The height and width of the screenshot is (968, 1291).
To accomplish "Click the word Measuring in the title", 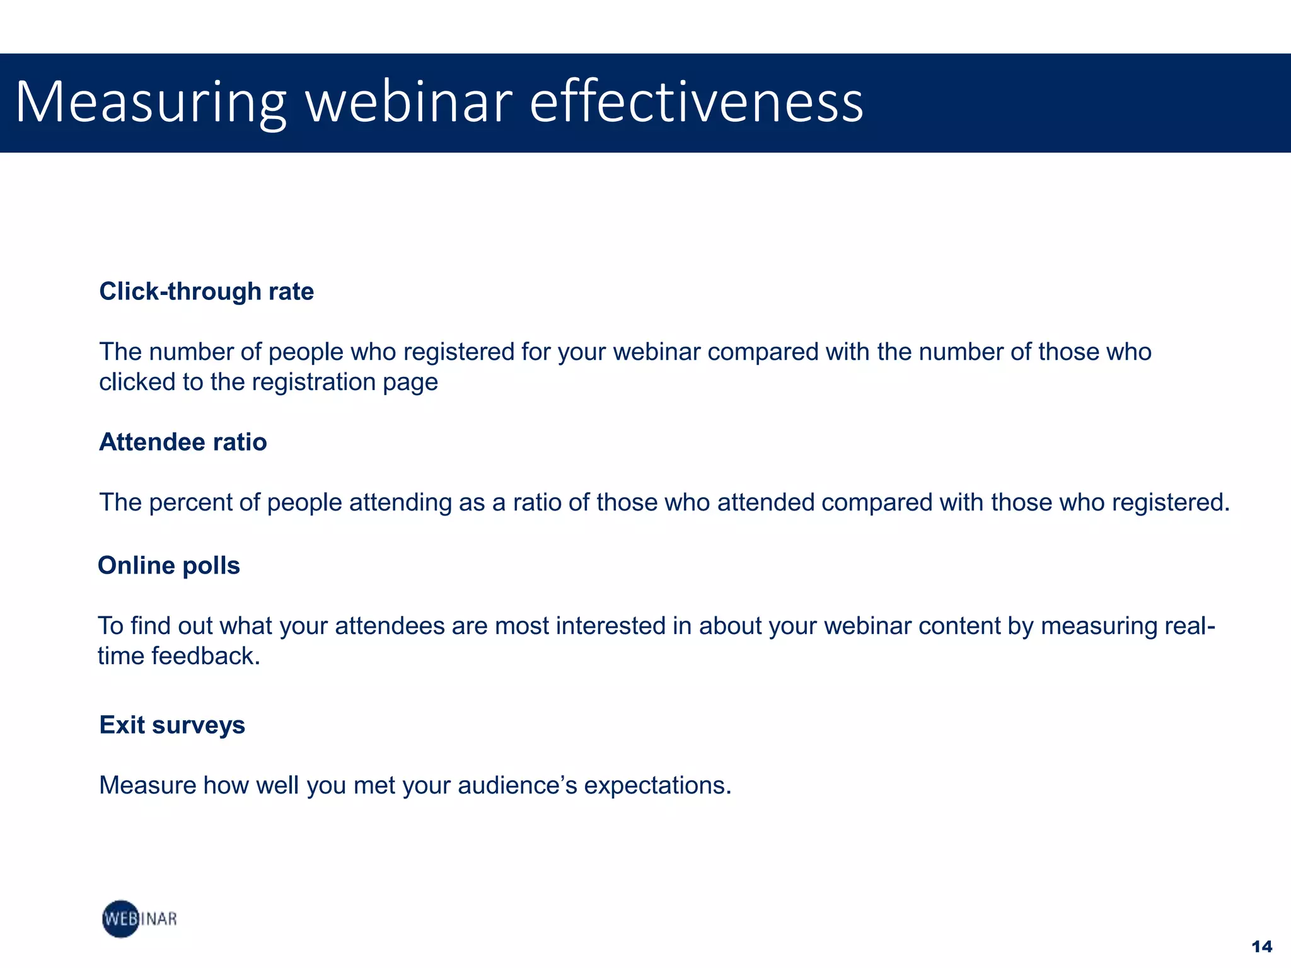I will [151, 103].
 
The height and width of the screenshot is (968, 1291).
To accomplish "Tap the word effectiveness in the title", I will [696, 103].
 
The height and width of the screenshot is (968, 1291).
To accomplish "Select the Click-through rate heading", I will [206, 292].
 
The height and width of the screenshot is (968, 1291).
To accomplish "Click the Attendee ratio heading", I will [183, 442].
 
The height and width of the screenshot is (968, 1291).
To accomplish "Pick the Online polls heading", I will [169, 566].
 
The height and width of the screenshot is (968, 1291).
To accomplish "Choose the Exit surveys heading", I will [172, 725].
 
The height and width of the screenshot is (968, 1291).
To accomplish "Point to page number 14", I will [1261, 947].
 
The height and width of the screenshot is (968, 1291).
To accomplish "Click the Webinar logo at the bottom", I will [139, 919].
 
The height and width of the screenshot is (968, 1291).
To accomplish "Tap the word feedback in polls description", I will [206, 657].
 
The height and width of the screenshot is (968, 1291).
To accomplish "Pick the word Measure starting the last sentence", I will [147, 786].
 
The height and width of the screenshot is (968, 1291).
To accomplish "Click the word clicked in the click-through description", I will [137, 383].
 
